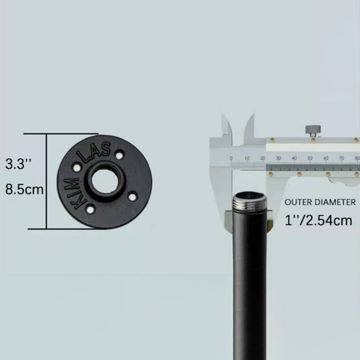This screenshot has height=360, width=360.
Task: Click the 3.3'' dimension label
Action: (x=18, y=164)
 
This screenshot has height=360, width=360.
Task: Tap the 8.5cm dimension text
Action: (x=24, y=189)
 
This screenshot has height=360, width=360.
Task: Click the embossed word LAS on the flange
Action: (x=94, y=152)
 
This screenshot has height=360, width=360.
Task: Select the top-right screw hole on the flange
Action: (x=119, y=155)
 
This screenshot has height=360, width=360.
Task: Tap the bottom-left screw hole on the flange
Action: (x=90, y=209)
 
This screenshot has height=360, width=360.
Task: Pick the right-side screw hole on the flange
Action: (x=132, y=196)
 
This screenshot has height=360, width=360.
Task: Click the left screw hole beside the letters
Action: (x=76, y=167)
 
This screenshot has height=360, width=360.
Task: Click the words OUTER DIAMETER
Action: (x=320, y=202)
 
